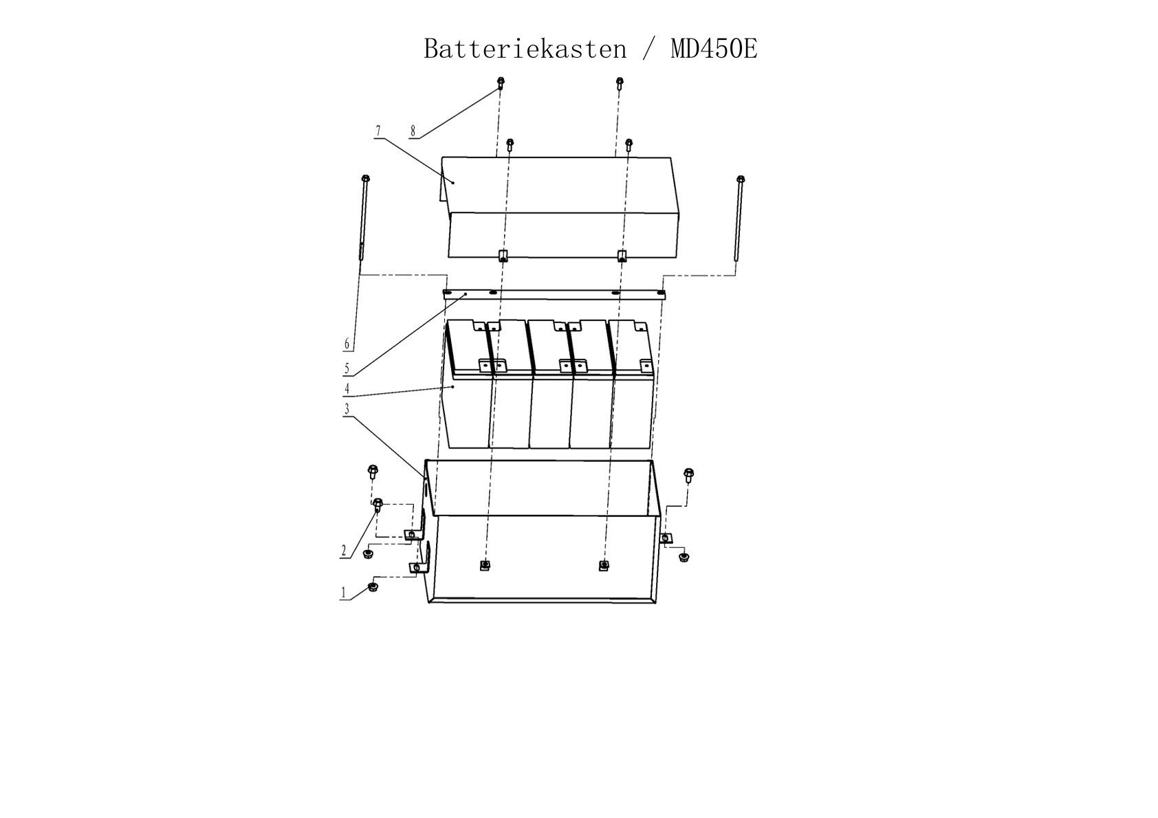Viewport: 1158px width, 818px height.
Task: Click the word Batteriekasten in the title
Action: [x=525, y=49]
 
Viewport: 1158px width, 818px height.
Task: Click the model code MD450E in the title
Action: [x=714, y=49]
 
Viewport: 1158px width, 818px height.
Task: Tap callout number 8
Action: [x=413, y=131]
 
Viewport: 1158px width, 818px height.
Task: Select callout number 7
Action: [x=378, y=131]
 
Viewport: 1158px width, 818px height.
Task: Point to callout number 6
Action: [x=347, y=344]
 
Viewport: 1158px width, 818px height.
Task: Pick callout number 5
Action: [x=347, y=369]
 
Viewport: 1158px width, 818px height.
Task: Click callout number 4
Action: [x=347, y=388]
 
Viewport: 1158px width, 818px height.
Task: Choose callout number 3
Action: [x=347, y=409]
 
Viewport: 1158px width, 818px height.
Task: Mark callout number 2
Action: [x=343, y=551]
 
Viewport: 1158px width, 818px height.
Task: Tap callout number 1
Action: [x=343, y=593]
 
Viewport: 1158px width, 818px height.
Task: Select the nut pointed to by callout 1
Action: [x=372, y=586]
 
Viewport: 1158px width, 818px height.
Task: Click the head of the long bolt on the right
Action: [x=740, y=179]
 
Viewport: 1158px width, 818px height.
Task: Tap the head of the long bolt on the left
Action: [x=366, y=179]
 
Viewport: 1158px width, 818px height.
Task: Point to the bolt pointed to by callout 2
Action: [x=378, y=505]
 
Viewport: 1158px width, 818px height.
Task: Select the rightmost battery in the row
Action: [x=632, y=384]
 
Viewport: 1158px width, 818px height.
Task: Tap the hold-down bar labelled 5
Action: [x=554, y=294]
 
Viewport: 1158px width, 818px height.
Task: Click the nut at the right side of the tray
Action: [x=684, y=557]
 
